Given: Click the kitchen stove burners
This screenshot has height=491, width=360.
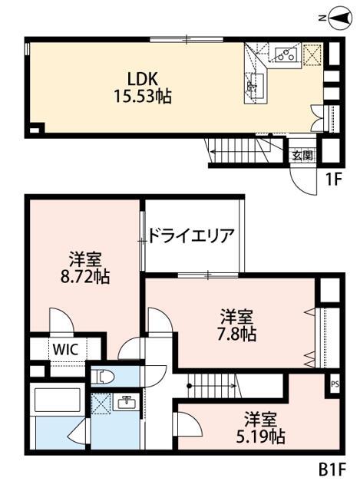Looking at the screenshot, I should tap(286, 54).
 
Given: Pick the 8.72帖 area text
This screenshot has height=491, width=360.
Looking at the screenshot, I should tap(85, 276).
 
